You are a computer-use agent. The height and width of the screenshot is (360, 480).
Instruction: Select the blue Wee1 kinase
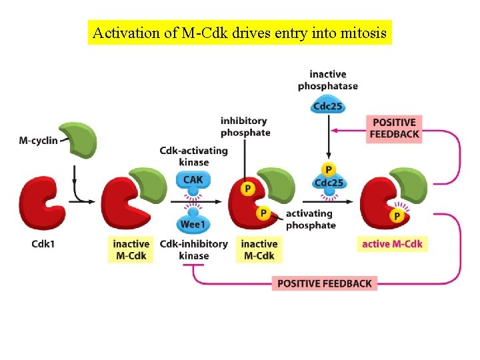pos(193,225)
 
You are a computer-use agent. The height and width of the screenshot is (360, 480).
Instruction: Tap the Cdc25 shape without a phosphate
pos(327,105)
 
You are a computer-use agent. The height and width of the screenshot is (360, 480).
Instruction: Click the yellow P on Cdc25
pos(328,170)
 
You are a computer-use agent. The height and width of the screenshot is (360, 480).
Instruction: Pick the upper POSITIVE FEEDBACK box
pos(394,128)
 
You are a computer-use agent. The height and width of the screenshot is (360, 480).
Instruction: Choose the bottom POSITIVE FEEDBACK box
pos(325,283)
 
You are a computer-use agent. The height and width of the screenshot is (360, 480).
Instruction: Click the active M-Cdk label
pos(392,244)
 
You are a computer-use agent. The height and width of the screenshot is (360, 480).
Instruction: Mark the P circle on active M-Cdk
pos(397,216)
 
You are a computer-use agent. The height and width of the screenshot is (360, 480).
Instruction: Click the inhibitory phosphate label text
pos(245,127)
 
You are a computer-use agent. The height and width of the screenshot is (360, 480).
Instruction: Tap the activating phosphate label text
pos(311,219)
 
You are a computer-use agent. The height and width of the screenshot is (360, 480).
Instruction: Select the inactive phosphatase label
pos(327,80)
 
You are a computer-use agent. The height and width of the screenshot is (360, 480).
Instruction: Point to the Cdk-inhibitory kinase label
pos(193,250)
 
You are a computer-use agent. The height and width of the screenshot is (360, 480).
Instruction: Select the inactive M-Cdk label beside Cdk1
pos(131,250)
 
